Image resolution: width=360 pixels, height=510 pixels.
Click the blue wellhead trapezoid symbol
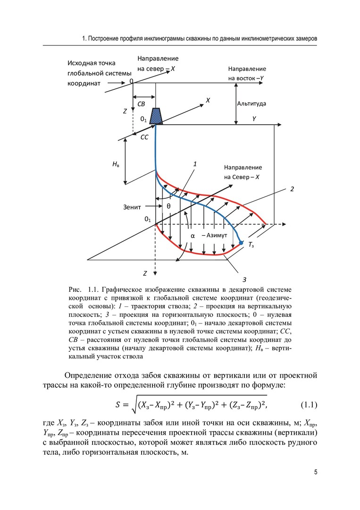tap(156, 116)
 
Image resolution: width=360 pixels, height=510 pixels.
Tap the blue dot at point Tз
tap(241, 242)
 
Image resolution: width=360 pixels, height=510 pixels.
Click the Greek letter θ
tap(168, 206)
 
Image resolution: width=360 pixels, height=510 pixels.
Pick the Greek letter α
tap(193, 235)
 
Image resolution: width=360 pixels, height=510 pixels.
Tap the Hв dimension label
tap(116, 163)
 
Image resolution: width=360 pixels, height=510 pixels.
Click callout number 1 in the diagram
tap(194, 164)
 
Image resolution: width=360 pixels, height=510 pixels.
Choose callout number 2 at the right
tap(292, 189)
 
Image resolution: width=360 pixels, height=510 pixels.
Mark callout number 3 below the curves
tap(244, 279)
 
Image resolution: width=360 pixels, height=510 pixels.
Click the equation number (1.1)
tap(309, 404)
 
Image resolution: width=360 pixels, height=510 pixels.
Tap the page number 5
tap(315, 473)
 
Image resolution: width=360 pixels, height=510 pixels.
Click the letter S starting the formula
tap(118, 405)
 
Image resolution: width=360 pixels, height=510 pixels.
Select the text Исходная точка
tap(92, 63)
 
